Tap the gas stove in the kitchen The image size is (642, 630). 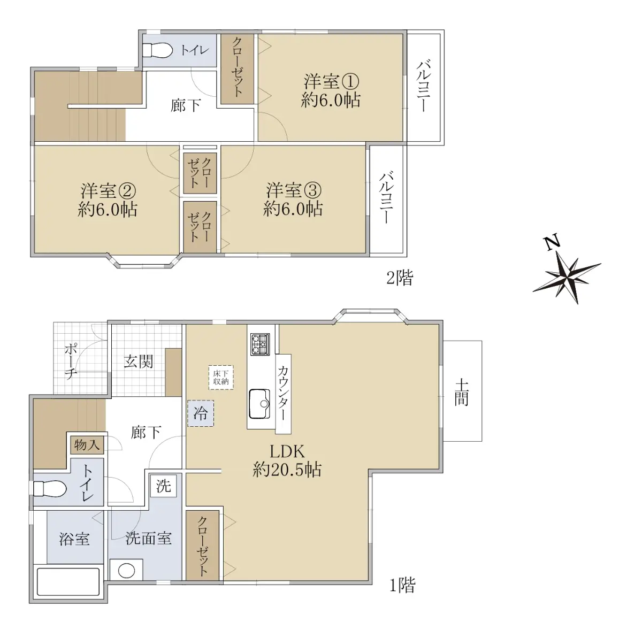[x=260, y=344]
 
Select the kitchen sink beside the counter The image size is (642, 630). [x=260, y=403]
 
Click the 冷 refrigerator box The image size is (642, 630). [x=201, y=413]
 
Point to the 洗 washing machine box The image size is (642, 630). [x=163, y=486]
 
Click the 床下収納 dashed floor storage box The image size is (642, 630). [x=221, y=378]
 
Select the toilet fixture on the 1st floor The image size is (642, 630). [x=50, y=489]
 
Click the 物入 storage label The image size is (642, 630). [x=87, y=445]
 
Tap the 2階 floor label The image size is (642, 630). [x=400, y=278]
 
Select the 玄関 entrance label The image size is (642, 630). [x=139, y=362]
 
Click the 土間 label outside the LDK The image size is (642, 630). [x=462, y=393]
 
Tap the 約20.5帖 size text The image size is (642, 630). [x=287, y=470]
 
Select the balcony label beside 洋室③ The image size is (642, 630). [x=387, y=198]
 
